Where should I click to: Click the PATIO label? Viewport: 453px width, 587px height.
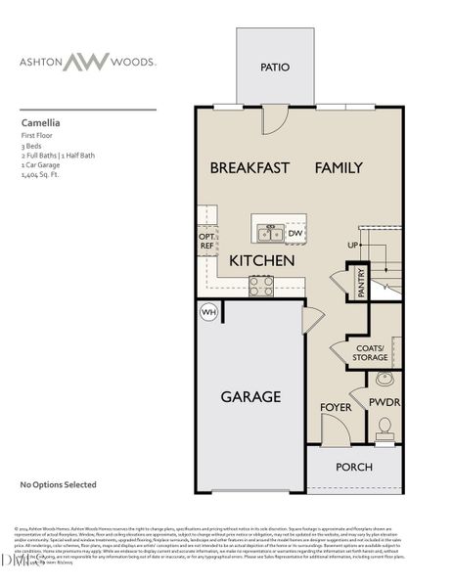[x=275, y=68]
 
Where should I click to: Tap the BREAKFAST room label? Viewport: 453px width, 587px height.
[x=249, y=168]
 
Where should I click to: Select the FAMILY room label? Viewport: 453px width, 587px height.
[x=339, y=168]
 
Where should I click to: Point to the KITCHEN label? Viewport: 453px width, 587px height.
[x=262, y=261]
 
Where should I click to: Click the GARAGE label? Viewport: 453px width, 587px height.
[x=249, y=397]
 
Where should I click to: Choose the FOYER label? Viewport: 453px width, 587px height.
[x=335, y=407]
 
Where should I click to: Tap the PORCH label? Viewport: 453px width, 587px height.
[x=353, y=467]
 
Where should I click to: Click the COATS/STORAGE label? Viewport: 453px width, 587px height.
[x=370, y=353]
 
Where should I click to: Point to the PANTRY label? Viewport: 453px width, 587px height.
[x=361, y=283]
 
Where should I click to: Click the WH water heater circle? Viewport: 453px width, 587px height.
[x=208, y=312]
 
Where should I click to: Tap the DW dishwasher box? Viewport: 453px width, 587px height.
[x=295, y=233]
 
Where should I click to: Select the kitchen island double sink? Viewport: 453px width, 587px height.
[x=269, y=233]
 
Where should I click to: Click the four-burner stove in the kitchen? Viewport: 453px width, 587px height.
[x=261, y=286]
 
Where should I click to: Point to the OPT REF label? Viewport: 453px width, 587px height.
[x=205, y=242]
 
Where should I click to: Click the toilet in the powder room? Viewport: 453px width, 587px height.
[x=385, y=427]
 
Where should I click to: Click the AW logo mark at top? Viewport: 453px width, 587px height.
[x=93, y=62]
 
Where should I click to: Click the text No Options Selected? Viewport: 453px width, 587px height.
[x=58, y=483]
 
